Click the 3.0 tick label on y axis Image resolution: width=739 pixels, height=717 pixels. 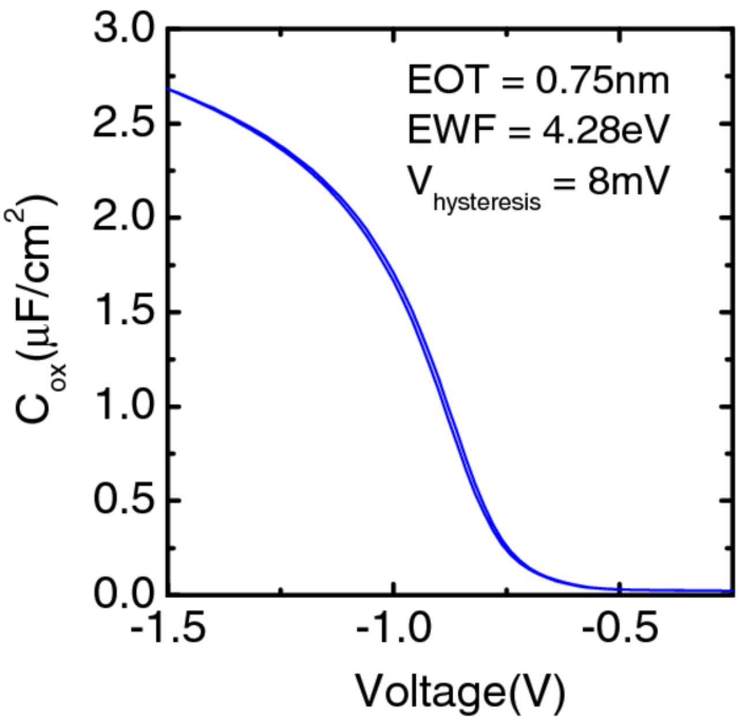tap(125, 28)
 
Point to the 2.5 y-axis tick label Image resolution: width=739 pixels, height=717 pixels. tap(125, 122)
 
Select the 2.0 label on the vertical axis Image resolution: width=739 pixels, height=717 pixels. tap(125, 217)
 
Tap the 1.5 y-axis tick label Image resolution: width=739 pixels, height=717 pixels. tap(125, 312)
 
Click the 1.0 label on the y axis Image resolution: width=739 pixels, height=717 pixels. tap(125, 406)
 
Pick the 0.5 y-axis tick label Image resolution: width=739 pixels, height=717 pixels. tap(125, 500)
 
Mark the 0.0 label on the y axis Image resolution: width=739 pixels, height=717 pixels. tap(125, 593)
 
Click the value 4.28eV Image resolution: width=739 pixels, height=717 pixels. tap(604, 129)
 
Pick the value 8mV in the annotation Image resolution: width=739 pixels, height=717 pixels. tap(628, 181)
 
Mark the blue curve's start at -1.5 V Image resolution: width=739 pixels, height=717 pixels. tap(168, 89)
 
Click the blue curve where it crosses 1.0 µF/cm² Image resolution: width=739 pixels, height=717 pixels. tap(447, 406)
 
